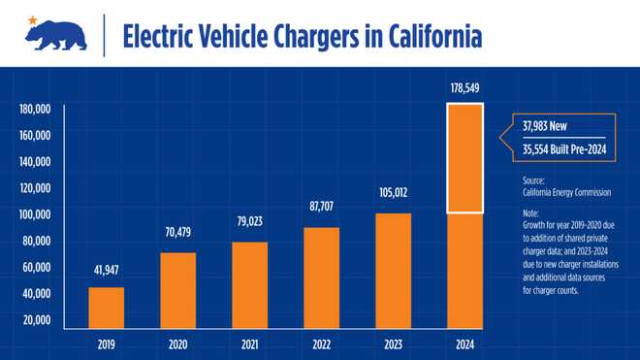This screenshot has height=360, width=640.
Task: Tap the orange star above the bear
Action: (33, 19)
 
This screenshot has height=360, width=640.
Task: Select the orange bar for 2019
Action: (107, 307)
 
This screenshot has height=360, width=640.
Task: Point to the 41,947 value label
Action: (107, 272)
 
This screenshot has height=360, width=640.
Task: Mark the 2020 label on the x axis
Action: (177, 344)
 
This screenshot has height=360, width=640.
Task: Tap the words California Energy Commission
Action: (562, 192)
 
